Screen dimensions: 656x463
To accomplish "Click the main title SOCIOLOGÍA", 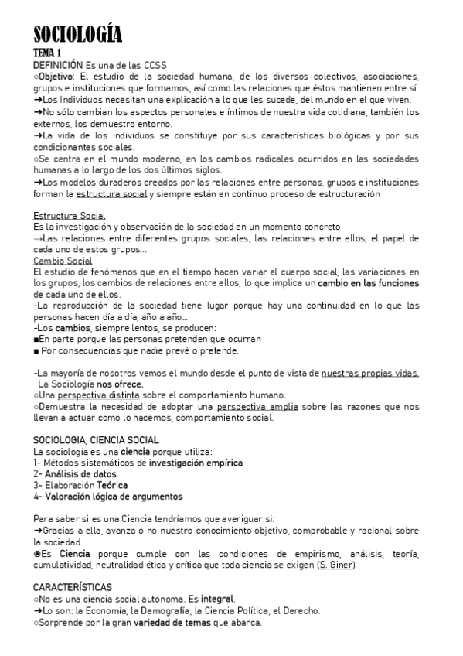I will point(77,36).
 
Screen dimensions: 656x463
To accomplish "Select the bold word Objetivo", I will point(55,77).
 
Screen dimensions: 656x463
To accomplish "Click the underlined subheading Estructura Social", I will point(70,215).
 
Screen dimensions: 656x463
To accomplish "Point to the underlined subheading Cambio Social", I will point(63,261).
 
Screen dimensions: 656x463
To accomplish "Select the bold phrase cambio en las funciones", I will point(370,284).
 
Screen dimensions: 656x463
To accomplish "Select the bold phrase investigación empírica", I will point(196,463).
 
